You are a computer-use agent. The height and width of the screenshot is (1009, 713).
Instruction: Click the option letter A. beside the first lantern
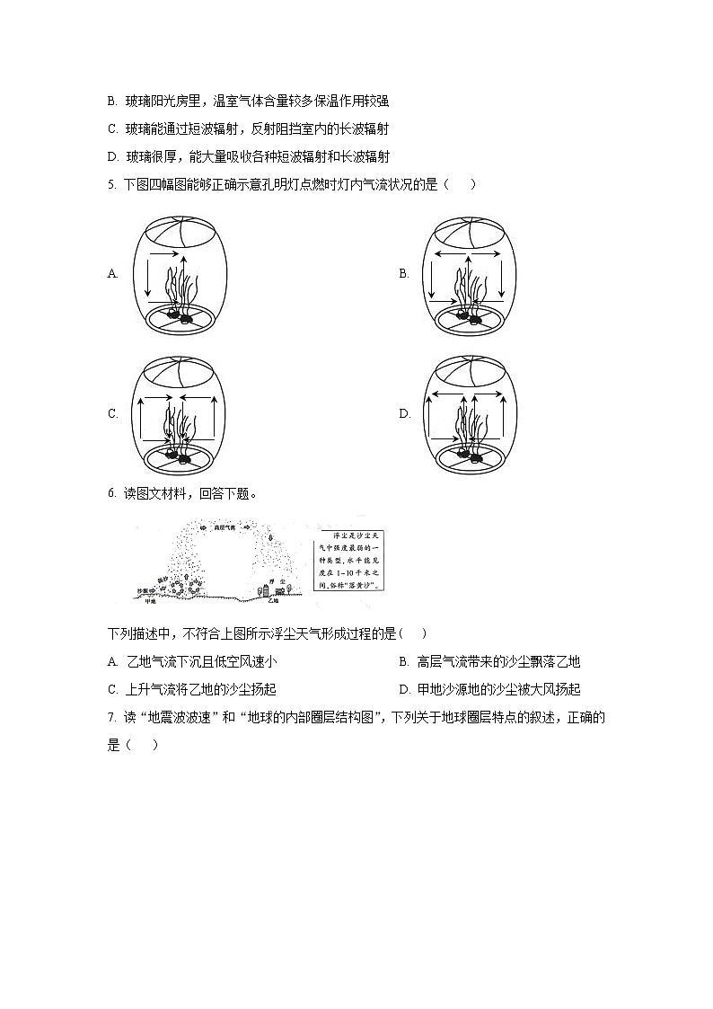click(112, 274)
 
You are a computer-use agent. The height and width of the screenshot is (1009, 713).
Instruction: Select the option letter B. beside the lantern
click(404, 274)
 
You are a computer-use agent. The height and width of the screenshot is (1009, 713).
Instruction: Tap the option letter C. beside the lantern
click(112, 414)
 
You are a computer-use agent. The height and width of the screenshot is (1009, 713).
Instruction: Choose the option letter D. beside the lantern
click(404, 414)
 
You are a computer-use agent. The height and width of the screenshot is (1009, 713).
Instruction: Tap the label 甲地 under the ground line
click(150, 601)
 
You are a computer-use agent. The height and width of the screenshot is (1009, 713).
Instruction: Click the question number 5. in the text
click(110, 185)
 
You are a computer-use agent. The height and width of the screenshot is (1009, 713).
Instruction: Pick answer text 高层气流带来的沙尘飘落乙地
click(498, 662)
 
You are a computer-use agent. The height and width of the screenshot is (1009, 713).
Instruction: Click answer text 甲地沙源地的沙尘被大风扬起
click(498, 690)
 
